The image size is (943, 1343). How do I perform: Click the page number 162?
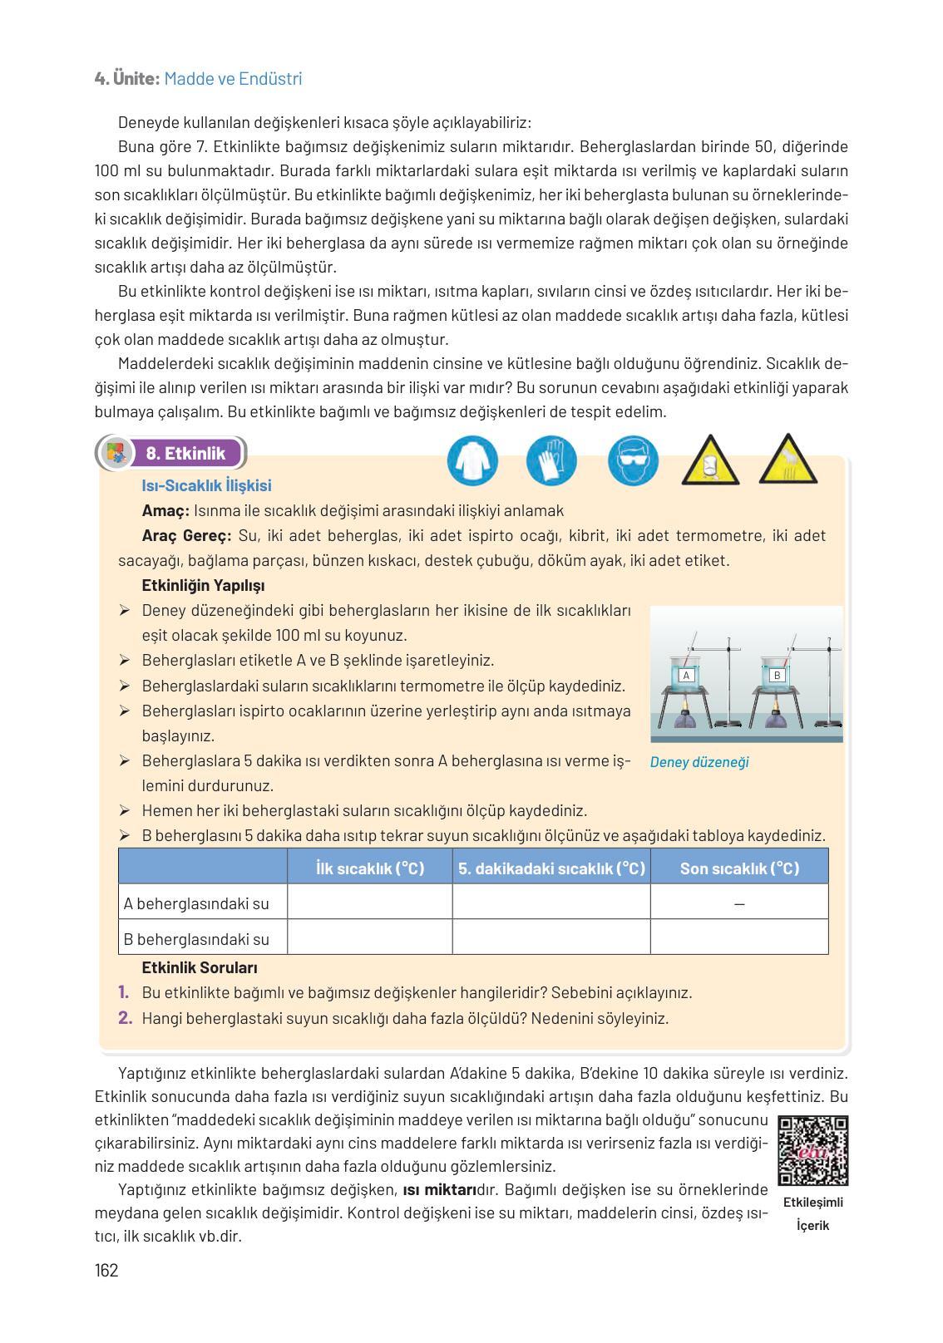(x=106, y=1270)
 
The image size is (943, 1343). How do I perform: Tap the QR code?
(x=812, y=1150)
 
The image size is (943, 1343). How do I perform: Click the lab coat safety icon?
(x=472, y=460)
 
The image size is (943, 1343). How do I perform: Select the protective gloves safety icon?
(x=550, y=460)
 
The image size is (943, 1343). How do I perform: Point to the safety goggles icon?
(x=633, y=460)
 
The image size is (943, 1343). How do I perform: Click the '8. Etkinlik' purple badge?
(x=185, y=453)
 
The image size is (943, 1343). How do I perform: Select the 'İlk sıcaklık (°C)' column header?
(x=370, y=868)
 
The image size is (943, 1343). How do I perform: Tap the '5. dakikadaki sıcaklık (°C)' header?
(x=551, y=868)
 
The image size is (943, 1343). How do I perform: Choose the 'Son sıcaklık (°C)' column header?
(x=739, y=868)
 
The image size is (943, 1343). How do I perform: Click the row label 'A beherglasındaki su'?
(x=196, y=903)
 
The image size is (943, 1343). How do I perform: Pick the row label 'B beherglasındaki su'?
(x=196, y=939)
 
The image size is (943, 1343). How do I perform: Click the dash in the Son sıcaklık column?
(x=739, y=904)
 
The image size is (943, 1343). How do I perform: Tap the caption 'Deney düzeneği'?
(x=699, y=762)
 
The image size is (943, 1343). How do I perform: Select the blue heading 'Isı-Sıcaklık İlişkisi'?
(x=206, y=485)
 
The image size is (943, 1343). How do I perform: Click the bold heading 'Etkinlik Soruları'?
(x=200, y=967)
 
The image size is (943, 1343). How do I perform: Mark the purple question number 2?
(x=125, y=1018)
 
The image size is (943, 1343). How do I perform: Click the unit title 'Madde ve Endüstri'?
(x=233, y=79)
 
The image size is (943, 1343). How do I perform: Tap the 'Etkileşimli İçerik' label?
(x=812, y=1213)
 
